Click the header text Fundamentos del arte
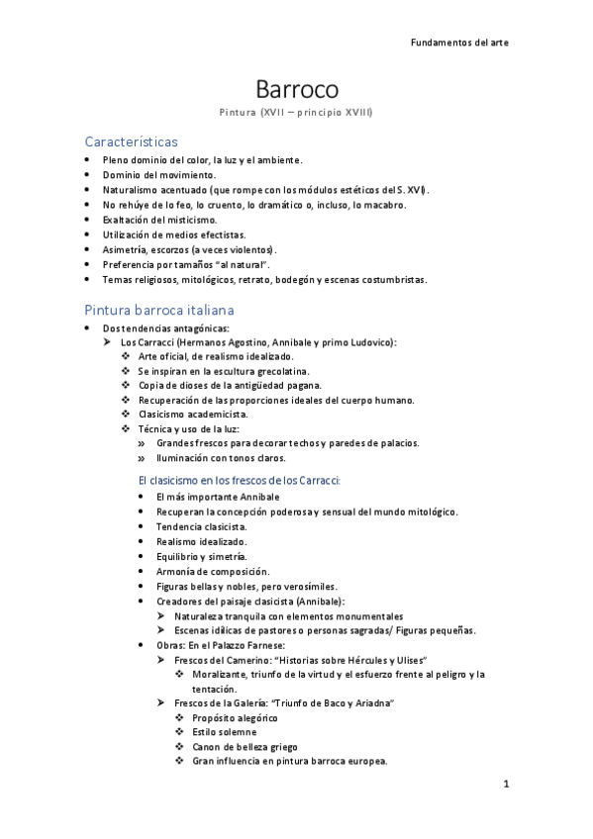[x=459, y=43]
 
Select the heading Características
[x=131, y=141]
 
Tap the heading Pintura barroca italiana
[x=159, y=310]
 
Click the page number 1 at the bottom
[x=506, y=785]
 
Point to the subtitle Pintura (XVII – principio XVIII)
[x=296, y=113]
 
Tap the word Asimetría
[x=127, y=249]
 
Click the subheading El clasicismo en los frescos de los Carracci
[x=240, y=480]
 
